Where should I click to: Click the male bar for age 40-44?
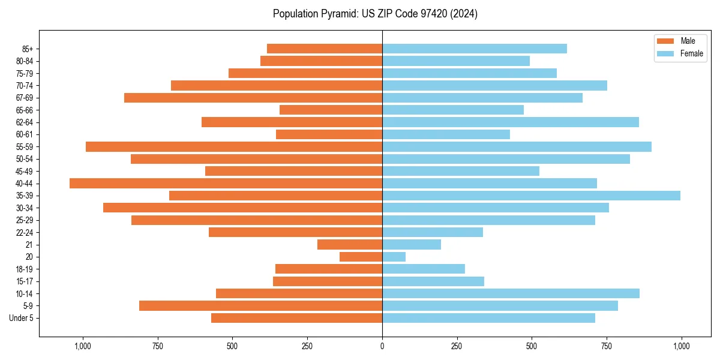(226, 184)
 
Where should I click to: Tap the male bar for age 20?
(361, 257)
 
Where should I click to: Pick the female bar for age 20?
(394, 257)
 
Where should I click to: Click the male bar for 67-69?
(253, 98)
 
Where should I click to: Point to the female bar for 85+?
(474, 49)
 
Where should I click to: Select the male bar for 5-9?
(260, 306)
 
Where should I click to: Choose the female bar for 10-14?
(511, 293)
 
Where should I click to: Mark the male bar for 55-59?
(234, 147)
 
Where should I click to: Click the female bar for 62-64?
(510, 122)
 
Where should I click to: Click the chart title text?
(375, 14)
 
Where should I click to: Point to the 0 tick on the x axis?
(382, 346)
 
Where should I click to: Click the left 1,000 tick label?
(82, 346)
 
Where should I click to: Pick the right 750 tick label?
(607, 346)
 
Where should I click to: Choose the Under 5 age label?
(21, 318)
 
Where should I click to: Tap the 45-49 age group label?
(25, 171)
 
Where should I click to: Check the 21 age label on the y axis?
(29, 245)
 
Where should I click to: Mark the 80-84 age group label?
(25, 61)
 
